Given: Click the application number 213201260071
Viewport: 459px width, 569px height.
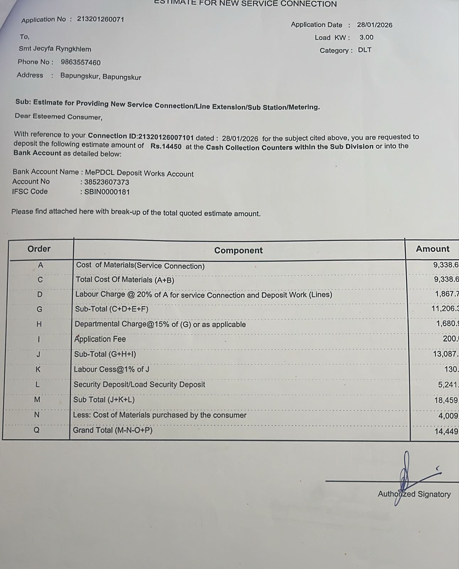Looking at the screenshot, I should [101, 19].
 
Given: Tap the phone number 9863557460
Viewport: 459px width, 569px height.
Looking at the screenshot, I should [81, 63].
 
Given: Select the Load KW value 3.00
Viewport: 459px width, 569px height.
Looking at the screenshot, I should [366, 37].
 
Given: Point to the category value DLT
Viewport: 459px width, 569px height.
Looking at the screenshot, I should [364, 50].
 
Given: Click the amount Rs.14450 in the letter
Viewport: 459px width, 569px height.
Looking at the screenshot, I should [166, 146].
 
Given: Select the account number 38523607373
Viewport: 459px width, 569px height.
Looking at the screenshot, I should [107, 183].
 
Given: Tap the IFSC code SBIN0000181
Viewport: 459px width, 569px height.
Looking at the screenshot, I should [107, 192].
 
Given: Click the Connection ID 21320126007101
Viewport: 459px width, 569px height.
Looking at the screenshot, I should [166, 137].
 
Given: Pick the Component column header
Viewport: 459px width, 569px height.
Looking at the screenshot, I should [238, 251].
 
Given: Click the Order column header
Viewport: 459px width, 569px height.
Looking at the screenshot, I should [39, 249].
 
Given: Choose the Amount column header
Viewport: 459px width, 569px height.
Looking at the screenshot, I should [432, 249].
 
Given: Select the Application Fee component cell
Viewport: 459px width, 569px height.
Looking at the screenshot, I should [100, 339].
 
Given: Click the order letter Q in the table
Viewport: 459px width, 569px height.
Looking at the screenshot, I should [37, 430].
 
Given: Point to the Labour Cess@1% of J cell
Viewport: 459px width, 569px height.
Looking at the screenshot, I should [111, 369].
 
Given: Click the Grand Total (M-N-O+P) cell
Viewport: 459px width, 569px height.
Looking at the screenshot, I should [113, 430].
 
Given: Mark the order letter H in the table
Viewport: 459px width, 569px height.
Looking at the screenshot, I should [39, 324].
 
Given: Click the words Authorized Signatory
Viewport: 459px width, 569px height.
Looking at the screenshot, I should [414, 494].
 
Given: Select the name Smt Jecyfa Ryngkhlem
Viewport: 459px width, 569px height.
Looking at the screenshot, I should [55, 49].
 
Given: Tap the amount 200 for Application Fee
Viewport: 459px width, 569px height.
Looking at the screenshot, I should [450, 339].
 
